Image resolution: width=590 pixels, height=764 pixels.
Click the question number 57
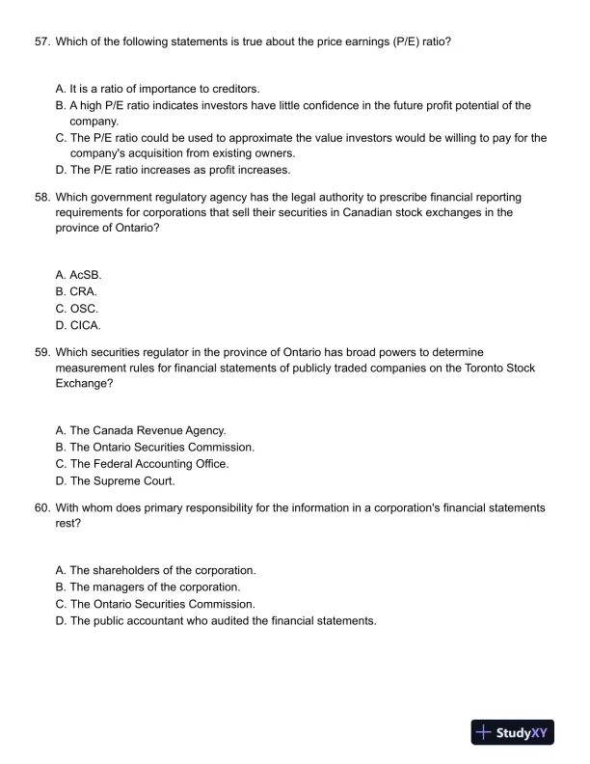pyautogui.click(x=40, y=41)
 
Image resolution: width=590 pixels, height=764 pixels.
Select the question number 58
pyautogui.click(x=40, y=196)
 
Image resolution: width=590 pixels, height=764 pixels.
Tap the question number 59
pyautogui.click(x=40, y=351)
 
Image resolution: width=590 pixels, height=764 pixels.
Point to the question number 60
pyautogui.click(x=40, y=506)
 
